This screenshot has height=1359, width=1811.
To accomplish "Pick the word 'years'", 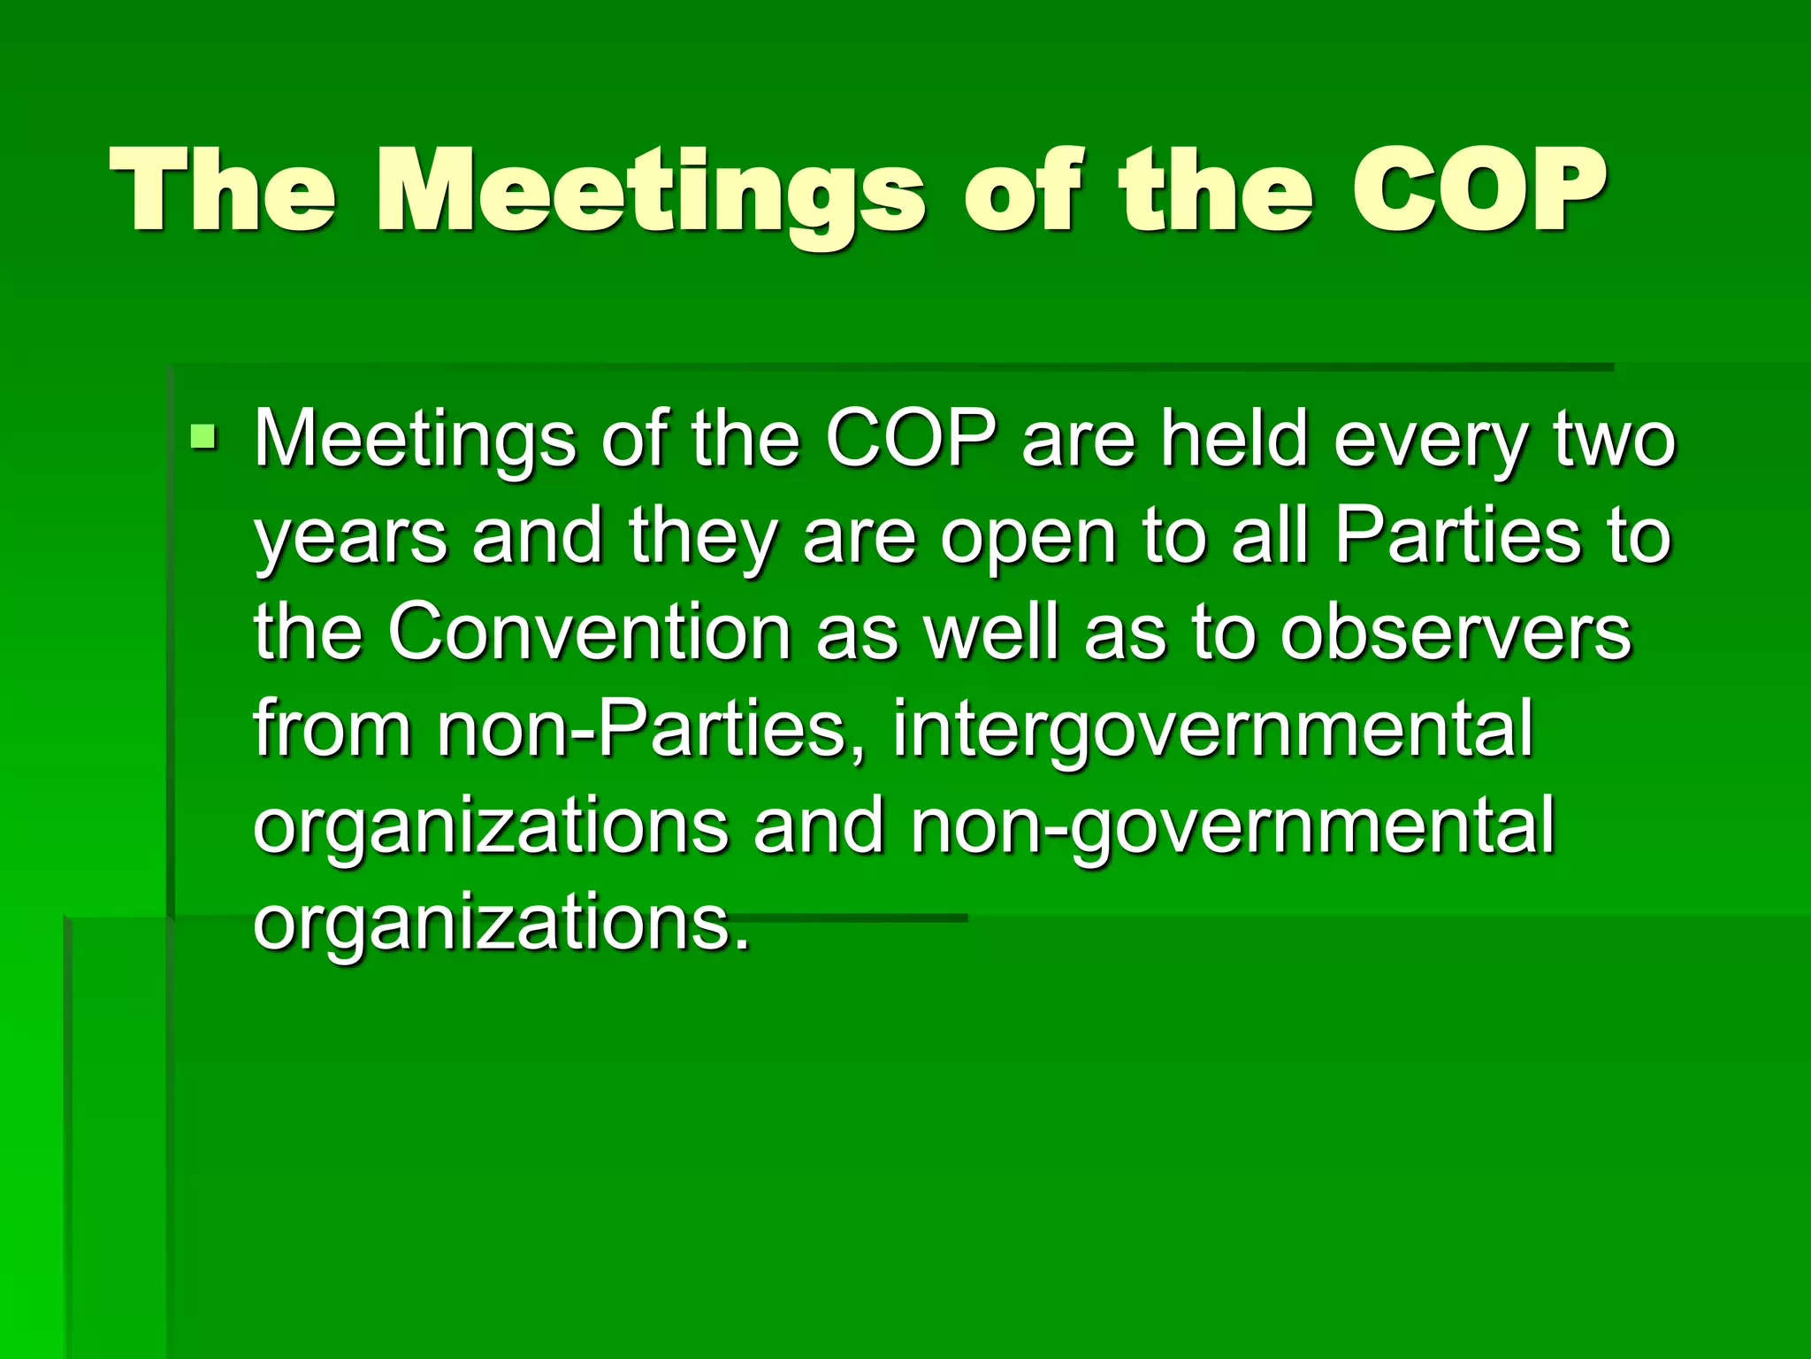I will coord(351,538).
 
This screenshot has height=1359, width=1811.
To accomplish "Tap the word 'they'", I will coord(701,536).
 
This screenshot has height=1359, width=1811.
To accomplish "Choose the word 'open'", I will coord(1028,538).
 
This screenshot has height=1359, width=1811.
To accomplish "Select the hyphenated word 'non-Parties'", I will coord(643,729).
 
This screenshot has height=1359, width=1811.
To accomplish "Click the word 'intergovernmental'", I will coord(1211,731).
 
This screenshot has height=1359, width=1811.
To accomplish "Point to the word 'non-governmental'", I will coord(1233,826).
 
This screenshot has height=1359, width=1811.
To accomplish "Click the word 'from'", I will coord(332,729).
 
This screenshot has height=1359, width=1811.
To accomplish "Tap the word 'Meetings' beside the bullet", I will coord(415,441).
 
